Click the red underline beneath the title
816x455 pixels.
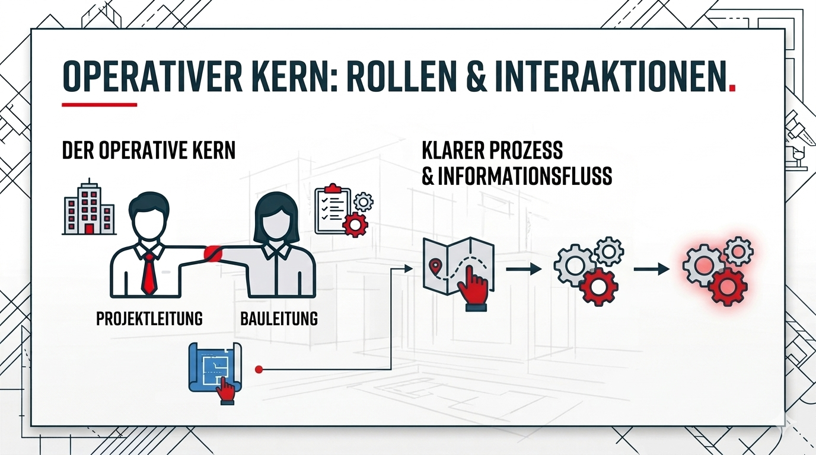pos(99,105)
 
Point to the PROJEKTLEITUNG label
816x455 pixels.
pos(149,319)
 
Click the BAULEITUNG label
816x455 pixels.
pos(279,319)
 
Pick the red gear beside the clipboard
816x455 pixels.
pos(356,225)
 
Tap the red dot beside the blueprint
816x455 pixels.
pos(259,369)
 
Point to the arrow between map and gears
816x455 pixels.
pos(524,270)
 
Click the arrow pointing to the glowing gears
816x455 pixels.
pos(651,270)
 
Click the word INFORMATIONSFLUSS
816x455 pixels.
pos(517,177)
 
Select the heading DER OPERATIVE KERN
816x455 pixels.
pos(148,150)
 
